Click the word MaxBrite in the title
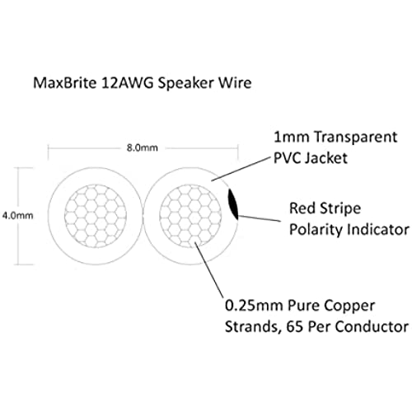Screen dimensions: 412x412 [x=64, y=82]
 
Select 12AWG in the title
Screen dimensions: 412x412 [x=127, y=82]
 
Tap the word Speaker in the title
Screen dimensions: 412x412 [x=185, y=83]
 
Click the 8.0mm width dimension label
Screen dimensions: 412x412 [x=143, y=147]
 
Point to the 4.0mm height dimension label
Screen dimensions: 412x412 [x=18, y=216]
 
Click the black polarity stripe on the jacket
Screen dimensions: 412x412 [x=233, y=204]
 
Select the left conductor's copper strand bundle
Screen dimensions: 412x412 [x=96, y=216]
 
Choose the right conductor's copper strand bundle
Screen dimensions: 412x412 [x=190, y=216]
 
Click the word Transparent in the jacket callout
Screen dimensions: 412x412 [x=356, y=138]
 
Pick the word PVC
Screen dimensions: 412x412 [x=287, y=158]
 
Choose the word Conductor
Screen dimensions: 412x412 [x=372, y=327]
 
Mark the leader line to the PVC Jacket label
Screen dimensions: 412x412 [x=241, y=169]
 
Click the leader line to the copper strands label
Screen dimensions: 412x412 [x=208, y=269]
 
